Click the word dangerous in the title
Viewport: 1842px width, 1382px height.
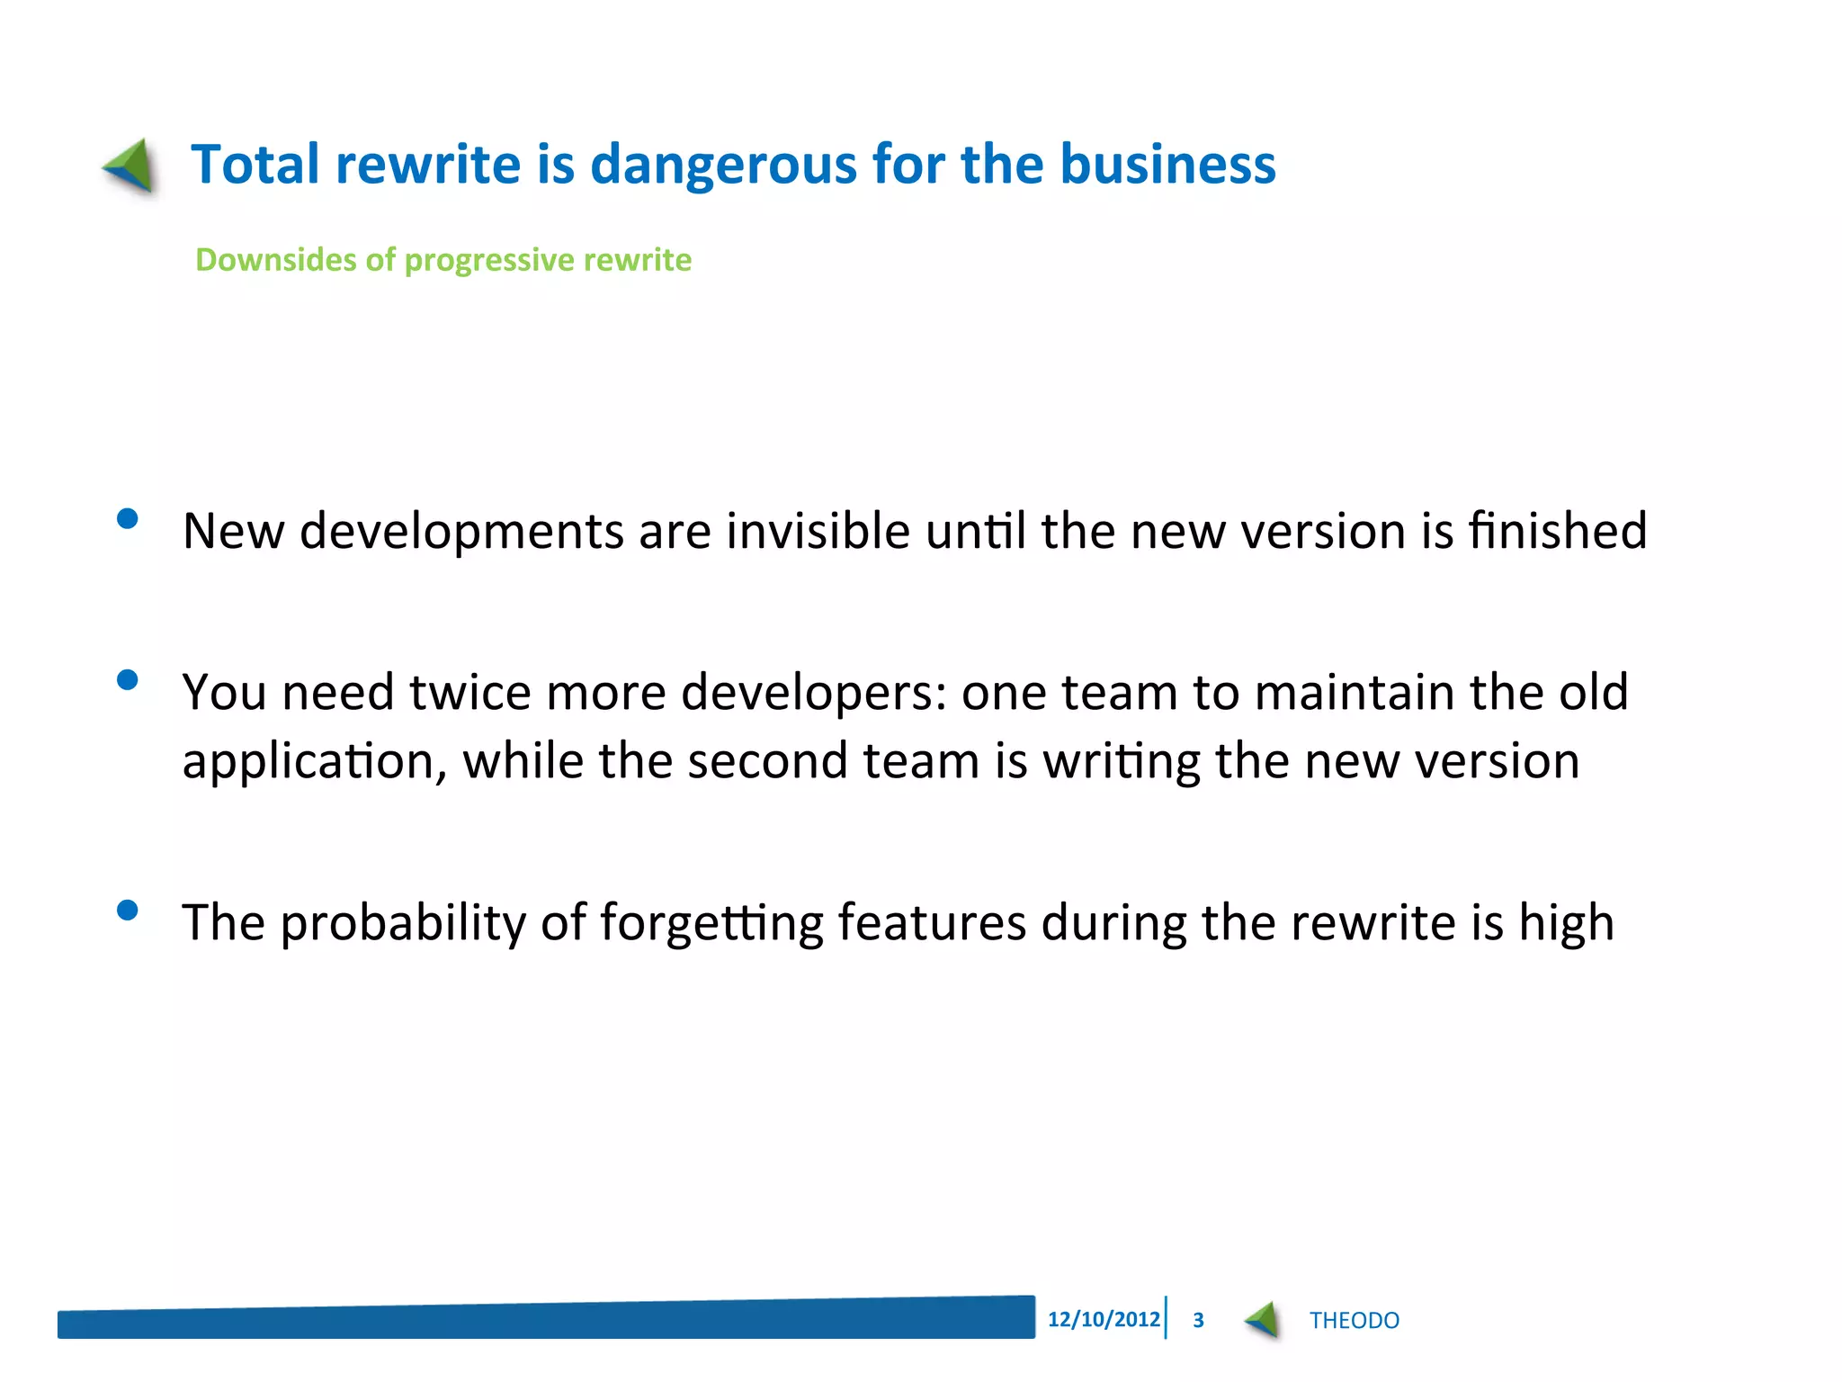(723, 166)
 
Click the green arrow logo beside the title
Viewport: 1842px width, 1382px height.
(131, 166)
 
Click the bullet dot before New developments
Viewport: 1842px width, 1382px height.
(128, 519)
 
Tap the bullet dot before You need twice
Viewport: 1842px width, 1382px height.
(128, 680)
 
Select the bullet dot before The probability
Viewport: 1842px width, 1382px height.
(128, 911)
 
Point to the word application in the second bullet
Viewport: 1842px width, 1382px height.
(314, 762)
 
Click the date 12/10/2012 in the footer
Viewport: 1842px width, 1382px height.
(1104, 1320)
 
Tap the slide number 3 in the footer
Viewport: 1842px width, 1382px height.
(1198, 1321)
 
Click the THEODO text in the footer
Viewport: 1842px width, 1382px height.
(1354, 1321)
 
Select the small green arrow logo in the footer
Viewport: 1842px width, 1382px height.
(1263, 1321)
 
